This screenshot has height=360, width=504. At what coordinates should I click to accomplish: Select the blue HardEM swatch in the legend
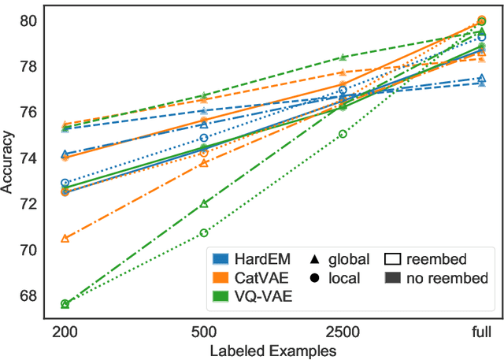(221, 259)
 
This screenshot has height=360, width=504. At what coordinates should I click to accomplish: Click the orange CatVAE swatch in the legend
(221, 278)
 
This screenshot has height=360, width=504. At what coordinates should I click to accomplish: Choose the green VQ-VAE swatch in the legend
(221, 297)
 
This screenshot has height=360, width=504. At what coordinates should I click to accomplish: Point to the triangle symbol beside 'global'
(315, 259)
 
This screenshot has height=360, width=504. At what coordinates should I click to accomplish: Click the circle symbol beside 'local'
(315, 278)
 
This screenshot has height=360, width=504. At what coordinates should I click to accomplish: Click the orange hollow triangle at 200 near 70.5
(65, 238)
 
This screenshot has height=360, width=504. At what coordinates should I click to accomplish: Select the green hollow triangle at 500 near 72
(204, 203)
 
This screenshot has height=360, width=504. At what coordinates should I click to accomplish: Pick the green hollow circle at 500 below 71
(204, 232)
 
